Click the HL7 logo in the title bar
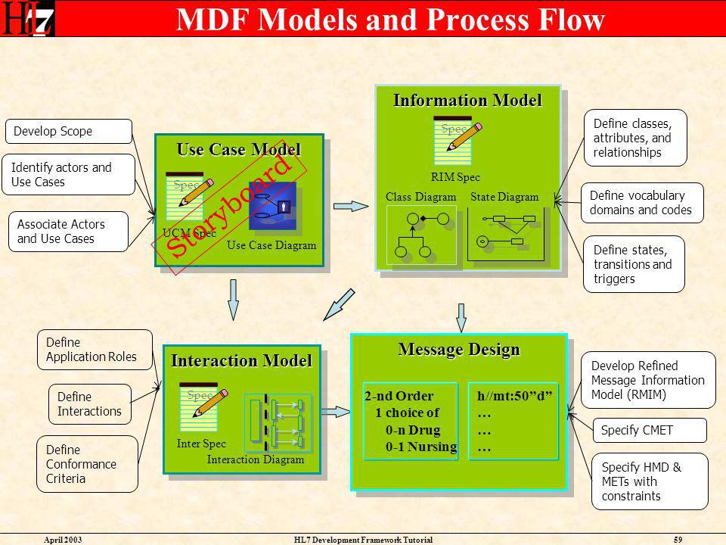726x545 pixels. click(x=27, y=18)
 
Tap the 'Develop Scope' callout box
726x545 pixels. click(x=69, y=131)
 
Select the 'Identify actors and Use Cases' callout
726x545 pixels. click(x=69, y=174)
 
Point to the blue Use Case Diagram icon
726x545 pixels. click(x=272, y=206)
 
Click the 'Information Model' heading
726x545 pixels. click(x=467, y=100)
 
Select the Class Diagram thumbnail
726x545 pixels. click(x=421, y=235)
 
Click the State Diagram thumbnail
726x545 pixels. click(x=506, y=234)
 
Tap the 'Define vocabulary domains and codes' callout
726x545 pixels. click(x=642, y=203)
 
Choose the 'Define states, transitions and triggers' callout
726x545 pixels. click(x=634, y=264)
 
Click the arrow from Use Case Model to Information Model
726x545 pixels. click(x=351, y=206)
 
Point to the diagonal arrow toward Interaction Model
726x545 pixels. click(x=339, y=305)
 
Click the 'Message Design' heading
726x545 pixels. click(x=459, y=349)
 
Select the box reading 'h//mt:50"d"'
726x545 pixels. click(x=513, y=421)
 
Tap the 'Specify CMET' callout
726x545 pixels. click(x=650, y=430)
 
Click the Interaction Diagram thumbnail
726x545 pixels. click(x=278, y=422)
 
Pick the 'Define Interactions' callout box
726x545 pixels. click(x=90, y=404)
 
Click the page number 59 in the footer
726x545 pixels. click(x=678, y=540)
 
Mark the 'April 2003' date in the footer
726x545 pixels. click(x=63, y=540)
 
